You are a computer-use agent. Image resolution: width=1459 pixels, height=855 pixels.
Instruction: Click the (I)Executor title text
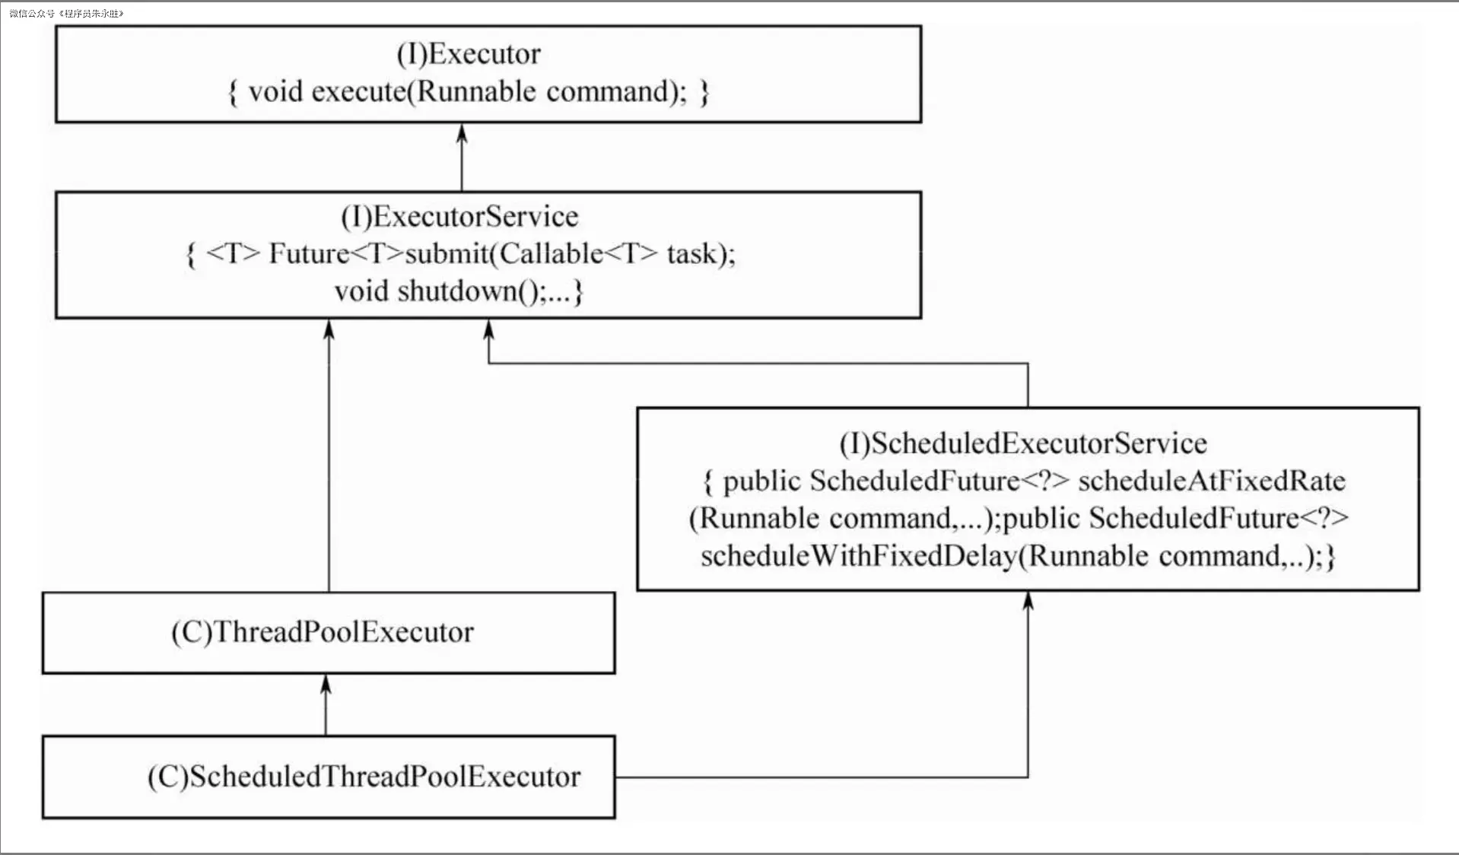point(469,54)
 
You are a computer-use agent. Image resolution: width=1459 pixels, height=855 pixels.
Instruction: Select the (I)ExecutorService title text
point(459,217)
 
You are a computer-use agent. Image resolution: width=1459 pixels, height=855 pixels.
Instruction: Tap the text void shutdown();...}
point(459,291)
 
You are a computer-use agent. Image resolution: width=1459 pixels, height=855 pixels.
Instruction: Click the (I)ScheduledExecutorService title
point(1023,443)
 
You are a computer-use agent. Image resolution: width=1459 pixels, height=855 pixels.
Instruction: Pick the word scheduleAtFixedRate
point(1212,481)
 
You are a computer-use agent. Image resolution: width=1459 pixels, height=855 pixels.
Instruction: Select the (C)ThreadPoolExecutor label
point(323,632)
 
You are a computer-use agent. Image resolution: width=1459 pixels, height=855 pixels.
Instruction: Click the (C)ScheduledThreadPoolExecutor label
point(364,777)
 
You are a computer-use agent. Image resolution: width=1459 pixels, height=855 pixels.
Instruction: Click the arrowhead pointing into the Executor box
point(462,133)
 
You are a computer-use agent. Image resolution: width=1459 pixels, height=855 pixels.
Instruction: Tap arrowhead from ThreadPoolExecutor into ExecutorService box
point(329,329)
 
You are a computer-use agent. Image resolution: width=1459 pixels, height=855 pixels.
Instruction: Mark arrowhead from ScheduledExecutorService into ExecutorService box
point(489,329)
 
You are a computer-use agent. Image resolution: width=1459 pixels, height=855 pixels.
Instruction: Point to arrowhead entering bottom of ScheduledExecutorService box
point(1028,601)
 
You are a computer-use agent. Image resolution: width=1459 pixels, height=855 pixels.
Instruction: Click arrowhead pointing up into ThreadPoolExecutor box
point(326,683)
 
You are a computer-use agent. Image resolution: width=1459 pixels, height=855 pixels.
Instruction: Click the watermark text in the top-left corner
point(66,14)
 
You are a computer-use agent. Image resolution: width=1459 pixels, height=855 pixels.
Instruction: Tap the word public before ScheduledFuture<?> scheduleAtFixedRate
point(761,481)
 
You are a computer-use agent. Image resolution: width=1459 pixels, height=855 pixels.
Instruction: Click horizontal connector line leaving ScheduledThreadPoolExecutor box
point(822,777)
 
